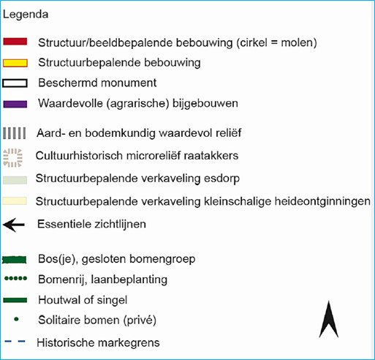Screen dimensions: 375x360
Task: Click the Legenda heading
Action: [26, 15]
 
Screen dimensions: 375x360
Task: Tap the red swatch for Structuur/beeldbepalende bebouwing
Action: [15, 42]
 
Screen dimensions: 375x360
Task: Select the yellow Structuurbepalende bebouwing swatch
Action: [15, 63]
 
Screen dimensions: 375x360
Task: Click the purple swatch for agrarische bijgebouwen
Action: [15, 104]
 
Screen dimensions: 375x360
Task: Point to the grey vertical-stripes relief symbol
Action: [15, 133]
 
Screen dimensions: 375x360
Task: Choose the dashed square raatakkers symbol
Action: [13, 158]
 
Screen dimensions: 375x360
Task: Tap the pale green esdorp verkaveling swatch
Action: [15, 180]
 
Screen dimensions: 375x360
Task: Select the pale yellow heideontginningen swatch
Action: [15, 201]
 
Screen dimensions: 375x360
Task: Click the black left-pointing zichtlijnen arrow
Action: [14, 225]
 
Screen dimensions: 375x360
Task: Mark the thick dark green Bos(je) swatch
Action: [14, 260]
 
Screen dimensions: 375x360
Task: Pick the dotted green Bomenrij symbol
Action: [15, 278]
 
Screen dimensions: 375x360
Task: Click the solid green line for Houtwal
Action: [15, 300]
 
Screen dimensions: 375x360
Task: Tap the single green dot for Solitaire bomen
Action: [16, 319]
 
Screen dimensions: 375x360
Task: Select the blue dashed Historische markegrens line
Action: [15, 341]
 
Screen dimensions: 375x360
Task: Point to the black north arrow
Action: [329, 320]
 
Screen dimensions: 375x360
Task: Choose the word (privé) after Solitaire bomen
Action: [140, 320]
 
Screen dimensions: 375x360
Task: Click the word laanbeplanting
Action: [129, 280]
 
